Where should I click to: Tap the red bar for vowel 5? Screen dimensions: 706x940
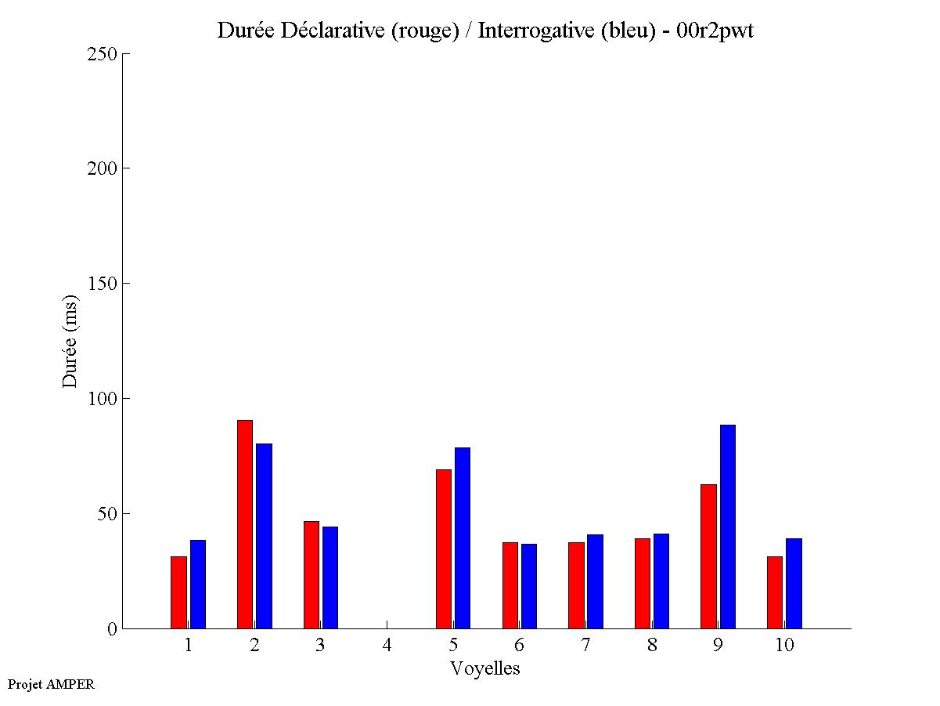click(x=444, y=549)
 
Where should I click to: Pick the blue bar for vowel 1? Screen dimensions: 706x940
click(x=197, y=584)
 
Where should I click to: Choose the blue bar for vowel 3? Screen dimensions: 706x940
click(x=330, y=577)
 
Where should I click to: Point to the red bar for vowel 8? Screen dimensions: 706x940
click(x=643, y=583)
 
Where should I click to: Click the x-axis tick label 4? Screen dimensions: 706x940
click(x=387, y=645)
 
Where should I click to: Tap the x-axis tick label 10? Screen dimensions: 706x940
click(x=784, y=645)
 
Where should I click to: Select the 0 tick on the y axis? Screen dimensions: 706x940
click(x=111, y=629)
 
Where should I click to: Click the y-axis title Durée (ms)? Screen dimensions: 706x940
click(x=70, y=342)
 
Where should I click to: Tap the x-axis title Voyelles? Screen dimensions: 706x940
click(x=484, y=668)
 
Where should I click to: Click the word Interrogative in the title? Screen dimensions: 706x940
click(x=528, y=31)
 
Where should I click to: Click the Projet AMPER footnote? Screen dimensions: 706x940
click(x=51, y=684)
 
